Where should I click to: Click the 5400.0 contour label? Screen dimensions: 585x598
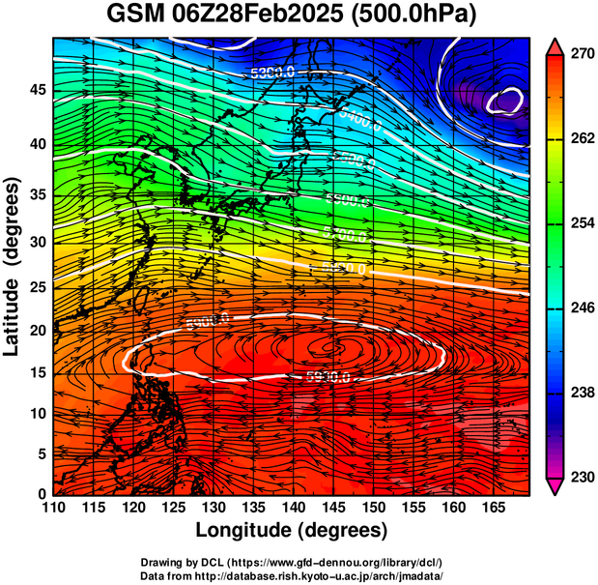(x=359, y=120)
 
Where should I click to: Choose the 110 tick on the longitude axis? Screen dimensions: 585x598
(x=53, y=509)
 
